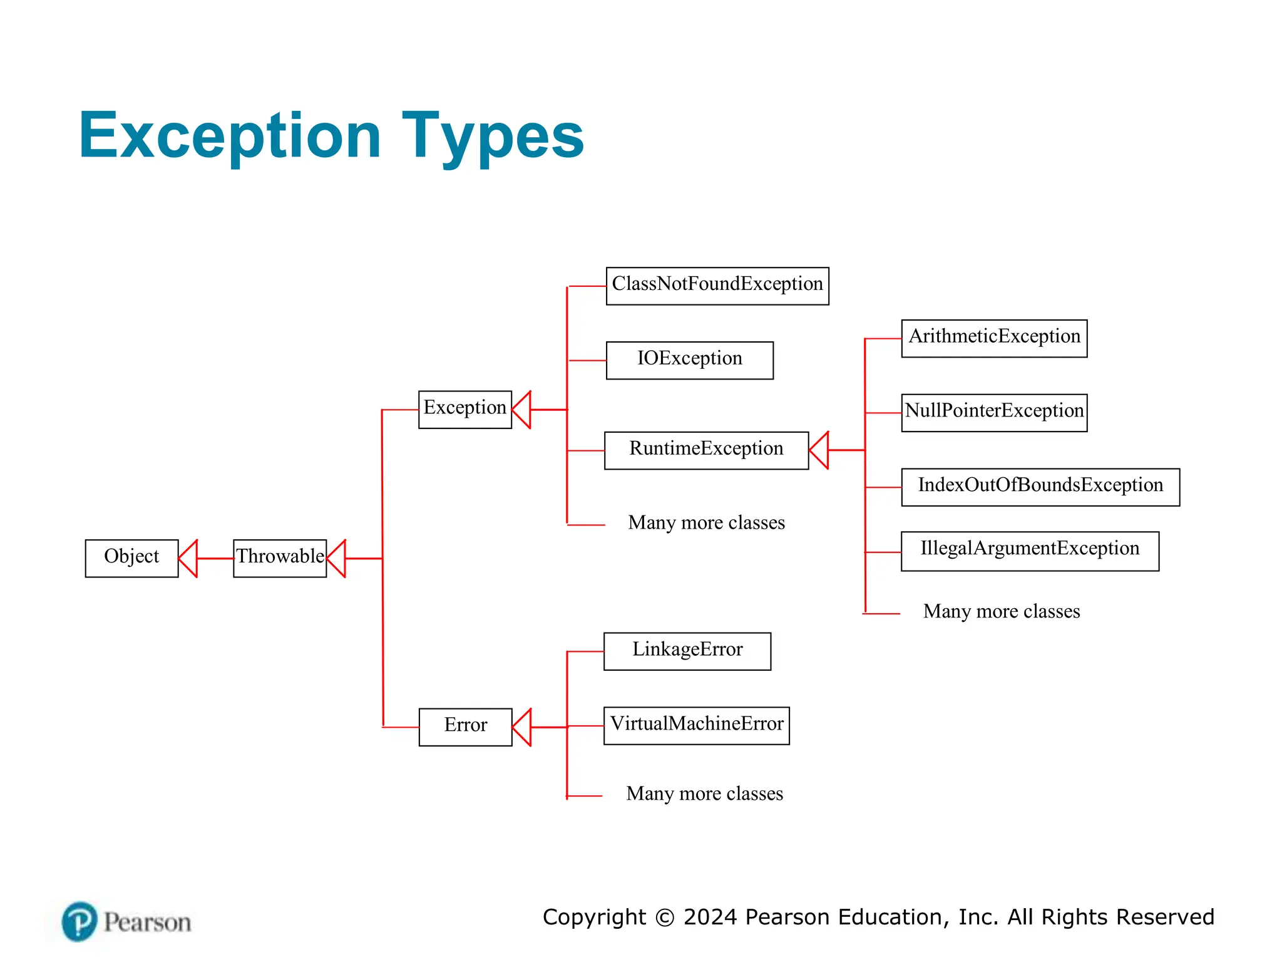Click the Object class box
click(131, 558)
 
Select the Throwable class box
click(280, 558)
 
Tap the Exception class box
click(464, 410)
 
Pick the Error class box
click(465, 727)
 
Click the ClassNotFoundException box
click(717, 286)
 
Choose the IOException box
click(689, 360)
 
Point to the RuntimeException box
click(706, 450)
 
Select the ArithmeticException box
click(994, 338)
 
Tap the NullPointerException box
click(994, 413)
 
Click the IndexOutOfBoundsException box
click(1040, 487)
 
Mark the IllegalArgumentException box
click(1030, 551)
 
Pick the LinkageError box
click(687, 651)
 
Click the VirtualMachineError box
click(696, 726)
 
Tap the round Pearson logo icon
click(79, 921)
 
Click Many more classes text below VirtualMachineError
click(704, 794)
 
